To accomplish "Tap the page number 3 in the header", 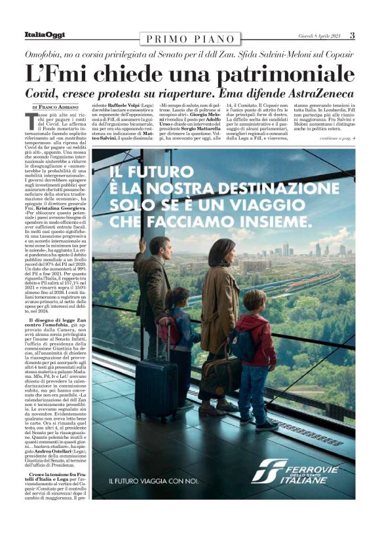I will [352, 36].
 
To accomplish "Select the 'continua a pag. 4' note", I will [337, 139].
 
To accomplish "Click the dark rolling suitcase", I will [157, 389].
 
